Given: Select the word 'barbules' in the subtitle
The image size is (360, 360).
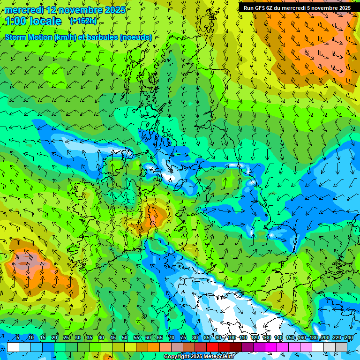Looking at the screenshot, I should [103, 37].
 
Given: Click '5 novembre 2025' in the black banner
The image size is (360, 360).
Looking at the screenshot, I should [329, 8].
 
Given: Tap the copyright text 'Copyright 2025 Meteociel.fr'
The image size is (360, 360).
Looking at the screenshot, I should [198, 357].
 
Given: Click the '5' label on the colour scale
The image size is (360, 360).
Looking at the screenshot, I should [18, 337].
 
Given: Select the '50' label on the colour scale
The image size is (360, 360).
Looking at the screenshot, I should [125, 337].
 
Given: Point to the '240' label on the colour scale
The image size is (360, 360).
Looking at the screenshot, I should [349, 337].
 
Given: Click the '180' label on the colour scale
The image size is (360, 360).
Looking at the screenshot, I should [313, 337].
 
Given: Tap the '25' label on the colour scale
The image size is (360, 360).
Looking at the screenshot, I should [66, 337].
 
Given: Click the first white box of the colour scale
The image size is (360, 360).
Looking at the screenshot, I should [13, 347].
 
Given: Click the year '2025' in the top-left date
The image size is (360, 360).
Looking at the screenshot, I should [113, 10].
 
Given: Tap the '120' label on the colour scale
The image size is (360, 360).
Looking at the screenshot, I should [255, 337].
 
